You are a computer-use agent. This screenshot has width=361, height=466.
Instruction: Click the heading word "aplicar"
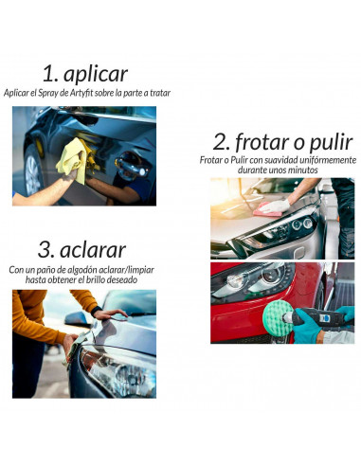click(96, 75)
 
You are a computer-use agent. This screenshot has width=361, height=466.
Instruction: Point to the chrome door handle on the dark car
click(132, 164)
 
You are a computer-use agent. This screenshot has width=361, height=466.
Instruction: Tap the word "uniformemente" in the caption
click(328, 160)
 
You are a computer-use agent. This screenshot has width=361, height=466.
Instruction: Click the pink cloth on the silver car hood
click(267, 210)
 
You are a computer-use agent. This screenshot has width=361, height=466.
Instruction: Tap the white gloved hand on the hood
click(276, 206)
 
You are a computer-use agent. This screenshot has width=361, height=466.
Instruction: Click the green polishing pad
click(278, 318)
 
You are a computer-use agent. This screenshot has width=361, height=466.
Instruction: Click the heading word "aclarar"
click(93, 250)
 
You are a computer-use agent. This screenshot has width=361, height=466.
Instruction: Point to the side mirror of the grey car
click(78, 319)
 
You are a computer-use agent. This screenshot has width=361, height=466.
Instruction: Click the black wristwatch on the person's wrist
click(96, 311)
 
